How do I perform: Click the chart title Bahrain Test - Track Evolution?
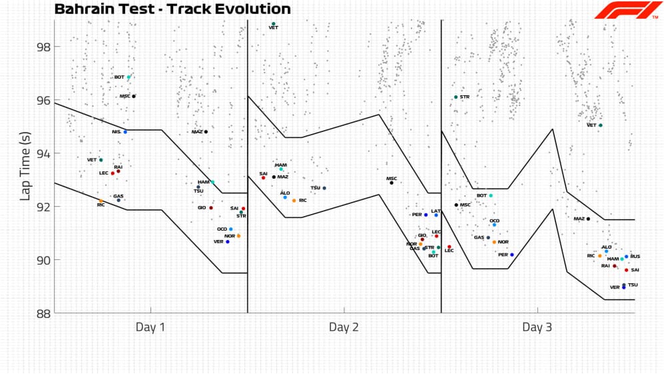coord(172,9)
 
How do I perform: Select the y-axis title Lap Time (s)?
coord(26,167)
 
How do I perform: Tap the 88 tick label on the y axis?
coord(43,313)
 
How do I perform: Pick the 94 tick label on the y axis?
coord(43,153)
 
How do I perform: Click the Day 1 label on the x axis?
coord(151,327)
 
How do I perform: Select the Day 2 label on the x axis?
coord(344,327)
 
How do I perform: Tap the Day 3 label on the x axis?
coord(537,327)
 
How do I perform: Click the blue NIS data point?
coord(125,132)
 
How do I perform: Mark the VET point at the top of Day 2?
coord(274,24)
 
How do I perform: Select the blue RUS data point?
coord(627,257)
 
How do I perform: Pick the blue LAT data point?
coord(436,215)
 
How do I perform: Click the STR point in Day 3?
coord(456,97)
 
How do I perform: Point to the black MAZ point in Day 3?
coord(588,219)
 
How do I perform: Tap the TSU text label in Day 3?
coord(633,285)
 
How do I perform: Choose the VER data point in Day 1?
coord(228,242)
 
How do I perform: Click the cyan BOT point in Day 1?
coord(129,77)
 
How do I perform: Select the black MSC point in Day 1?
coord(134,97)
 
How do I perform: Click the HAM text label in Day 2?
coord(281,165)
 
